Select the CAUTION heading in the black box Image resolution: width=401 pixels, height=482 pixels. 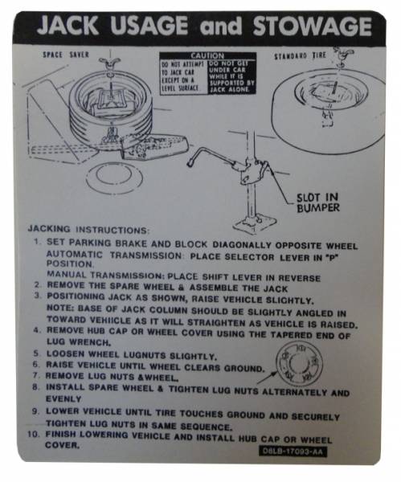coord(207,56)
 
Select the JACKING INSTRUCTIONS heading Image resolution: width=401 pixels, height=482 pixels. coord(88,229)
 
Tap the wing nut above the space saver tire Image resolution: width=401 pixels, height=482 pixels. coord(108,63)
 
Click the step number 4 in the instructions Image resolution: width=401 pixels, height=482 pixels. coord(36,329)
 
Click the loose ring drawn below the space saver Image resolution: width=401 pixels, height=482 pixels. coord(114,178)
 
